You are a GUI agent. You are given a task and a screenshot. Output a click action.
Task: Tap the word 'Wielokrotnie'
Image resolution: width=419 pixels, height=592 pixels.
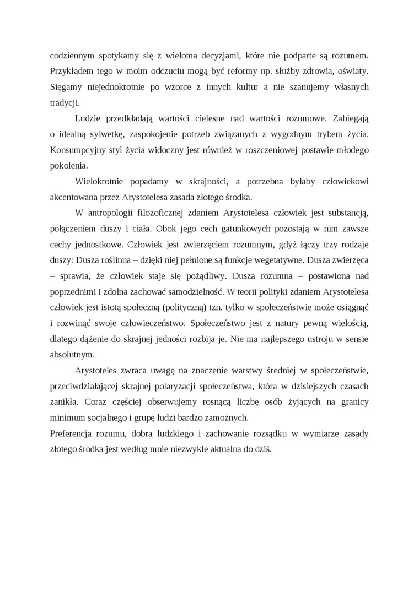(98, 181)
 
